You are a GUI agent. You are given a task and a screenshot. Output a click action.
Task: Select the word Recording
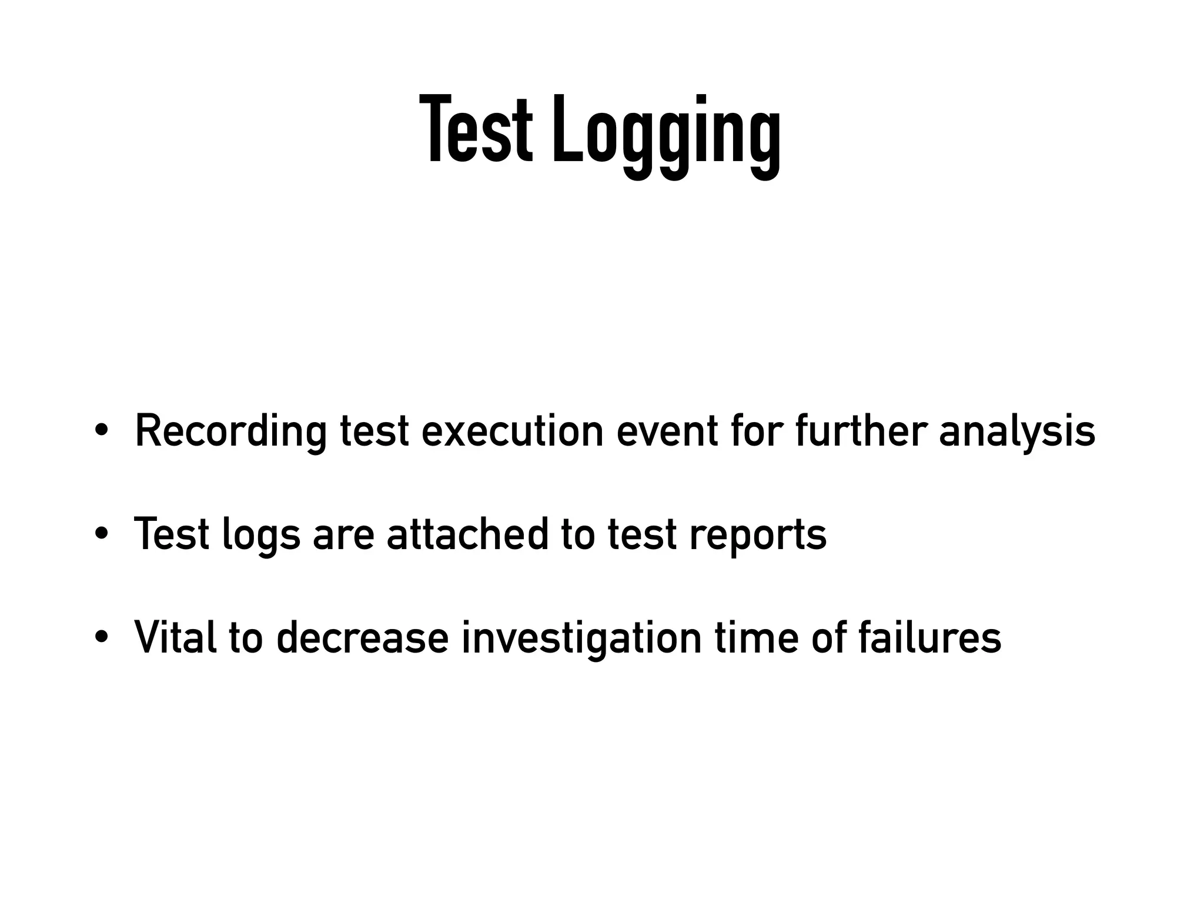[x=230, y=431]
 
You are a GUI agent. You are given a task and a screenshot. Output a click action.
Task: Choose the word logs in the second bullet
[x=260, y=535]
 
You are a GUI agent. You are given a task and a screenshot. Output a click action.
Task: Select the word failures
[x=929, y=637]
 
